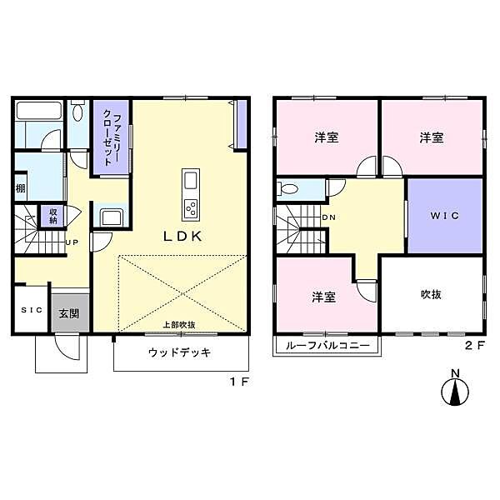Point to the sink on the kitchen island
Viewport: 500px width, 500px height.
point(190,181)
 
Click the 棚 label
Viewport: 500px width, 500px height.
point(20,188)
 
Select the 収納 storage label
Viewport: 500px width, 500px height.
point(52,216)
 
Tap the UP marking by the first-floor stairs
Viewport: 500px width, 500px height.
point(72,243)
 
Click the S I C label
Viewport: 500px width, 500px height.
point(31,311)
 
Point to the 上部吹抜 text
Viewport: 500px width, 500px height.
point(178,326)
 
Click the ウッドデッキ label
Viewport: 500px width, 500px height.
point(179,352)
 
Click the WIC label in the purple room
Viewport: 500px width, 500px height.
point(444,215)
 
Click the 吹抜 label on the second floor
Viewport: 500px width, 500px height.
point(430,294)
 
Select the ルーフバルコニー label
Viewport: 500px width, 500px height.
point(327,345)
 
